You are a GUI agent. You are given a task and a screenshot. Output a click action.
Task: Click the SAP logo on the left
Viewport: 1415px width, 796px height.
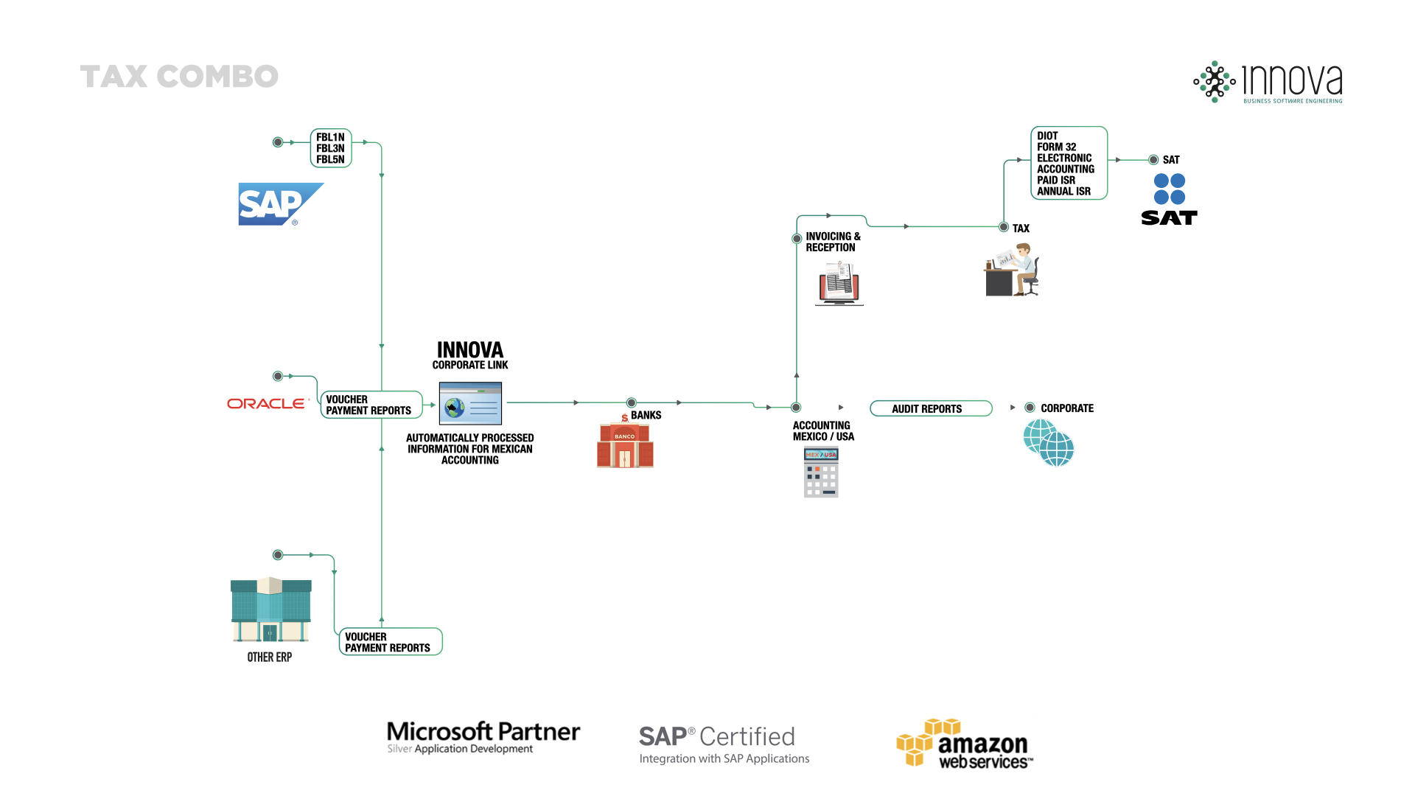point(280,204)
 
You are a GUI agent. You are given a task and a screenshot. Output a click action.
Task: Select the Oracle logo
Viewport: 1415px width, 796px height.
point(266,404)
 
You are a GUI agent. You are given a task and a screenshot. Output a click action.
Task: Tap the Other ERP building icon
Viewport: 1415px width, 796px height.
point(270,610)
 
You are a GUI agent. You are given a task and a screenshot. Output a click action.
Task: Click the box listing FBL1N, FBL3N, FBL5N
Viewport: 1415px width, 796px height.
point(331,148)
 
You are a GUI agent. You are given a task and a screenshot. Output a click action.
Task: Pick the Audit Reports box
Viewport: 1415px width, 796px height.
point(930,409)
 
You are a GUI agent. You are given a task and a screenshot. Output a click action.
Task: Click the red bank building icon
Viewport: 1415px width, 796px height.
point(625,445)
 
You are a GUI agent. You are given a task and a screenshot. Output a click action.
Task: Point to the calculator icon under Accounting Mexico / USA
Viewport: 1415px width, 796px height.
point(821,472)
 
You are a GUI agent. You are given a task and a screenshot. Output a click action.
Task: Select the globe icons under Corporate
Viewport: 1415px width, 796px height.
point(1049,443)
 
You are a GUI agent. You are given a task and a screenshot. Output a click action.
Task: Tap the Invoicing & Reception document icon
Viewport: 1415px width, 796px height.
point(839,283)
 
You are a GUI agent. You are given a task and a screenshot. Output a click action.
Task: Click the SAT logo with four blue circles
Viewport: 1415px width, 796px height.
point(1170,199)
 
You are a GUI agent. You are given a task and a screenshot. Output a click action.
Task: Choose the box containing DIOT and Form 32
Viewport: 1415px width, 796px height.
point(1069,164)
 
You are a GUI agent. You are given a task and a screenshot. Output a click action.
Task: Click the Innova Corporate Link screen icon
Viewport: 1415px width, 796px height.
point(470,403)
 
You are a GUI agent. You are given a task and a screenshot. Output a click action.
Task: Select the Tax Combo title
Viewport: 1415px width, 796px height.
point(179,77)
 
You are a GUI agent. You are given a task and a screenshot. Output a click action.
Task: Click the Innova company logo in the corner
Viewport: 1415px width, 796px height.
point(1268,82)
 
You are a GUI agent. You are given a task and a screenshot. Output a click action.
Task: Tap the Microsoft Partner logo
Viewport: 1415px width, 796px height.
point(483,737)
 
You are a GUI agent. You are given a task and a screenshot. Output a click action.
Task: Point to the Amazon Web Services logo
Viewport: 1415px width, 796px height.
point(965,744)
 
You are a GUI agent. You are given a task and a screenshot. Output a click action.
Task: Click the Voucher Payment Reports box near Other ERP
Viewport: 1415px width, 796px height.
point(391,642)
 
